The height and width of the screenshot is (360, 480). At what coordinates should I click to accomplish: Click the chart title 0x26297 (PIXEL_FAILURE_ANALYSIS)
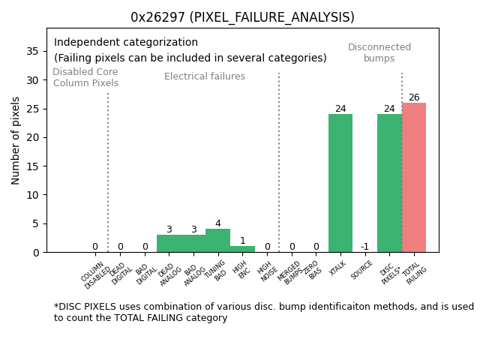[242, 17]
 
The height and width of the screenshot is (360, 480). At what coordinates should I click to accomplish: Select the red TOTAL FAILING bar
[414, 178]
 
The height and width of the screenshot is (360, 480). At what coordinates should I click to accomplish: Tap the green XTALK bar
[340, 183]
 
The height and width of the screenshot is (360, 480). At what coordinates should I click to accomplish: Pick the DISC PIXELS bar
[389, 183]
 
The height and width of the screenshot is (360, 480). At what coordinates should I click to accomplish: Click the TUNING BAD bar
[217, 241]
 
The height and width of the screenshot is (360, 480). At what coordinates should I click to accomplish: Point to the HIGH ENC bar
[242, 249]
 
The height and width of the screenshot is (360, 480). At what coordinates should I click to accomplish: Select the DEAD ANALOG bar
[169, 244]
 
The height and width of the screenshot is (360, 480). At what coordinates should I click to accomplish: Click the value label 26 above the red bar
[414, 97]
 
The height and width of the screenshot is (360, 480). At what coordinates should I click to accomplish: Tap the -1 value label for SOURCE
[364, 247]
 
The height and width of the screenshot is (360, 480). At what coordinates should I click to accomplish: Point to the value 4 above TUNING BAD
[217, 223]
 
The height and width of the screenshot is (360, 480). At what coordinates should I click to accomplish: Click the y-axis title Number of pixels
[16, 140]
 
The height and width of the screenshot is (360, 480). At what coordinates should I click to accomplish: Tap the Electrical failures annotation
[205, 76]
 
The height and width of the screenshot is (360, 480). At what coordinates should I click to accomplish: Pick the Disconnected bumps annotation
[379, 52]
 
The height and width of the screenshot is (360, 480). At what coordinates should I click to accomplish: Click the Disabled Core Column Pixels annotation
[85, 77]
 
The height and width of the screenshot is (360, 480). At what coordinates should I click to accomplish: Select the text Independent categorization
[126, 43]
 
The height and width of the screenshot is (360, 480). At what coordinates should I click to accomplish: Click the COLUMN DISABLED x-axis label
[97, 275]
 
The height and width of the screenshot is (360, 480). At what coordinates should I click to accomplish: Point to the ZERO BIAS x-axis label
[313, 270]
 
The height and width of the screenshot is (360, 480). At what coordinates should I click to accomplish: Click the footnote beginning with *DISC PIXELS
[263, 312]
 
